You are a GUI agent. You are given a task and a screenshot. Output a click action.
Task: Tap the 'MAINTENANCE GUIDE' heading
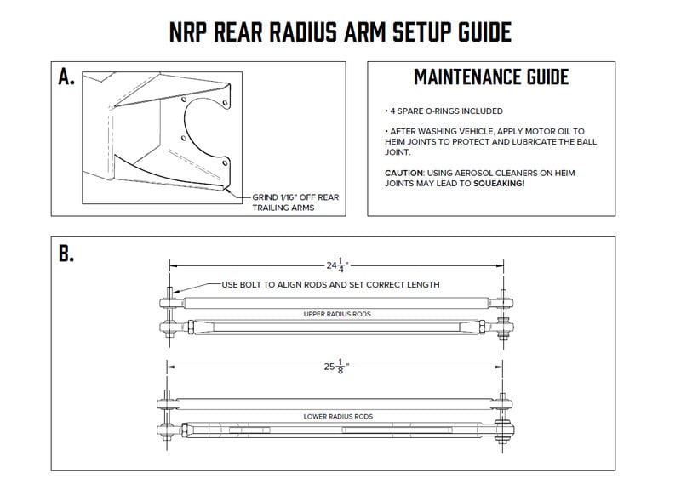coord(490,77)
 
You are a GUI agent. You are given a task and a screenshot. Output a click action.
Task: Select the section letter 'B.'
coord(66,254)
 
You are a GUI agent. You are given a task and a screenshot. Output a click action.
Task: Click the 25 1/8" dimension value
coord(337,367)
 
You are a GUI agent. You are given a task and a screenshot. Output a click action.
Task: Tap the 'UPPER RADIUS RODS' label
coord(337,314)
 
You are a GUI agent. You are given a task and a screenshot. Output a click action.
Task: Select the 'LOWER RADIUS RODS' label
coord(337,417)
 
